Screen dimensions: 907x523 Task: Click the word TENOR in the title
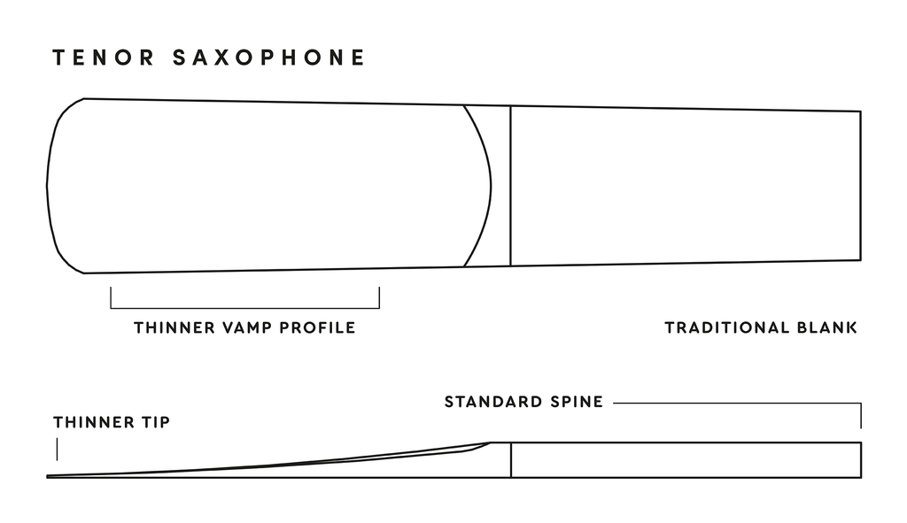click(x=104, y=58)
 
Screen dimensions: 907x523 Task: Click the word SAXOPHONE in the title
click(x=269, y=58)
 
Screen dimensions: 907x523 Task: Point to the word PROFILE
click(x=318, y=327)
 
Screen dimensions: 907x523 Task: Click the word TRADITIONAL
click(x=727, y=327)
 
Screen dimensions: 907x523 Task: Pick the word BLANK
click(x=827, y=327)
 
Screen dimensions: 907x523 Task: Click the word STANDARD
click(x=494, y=402)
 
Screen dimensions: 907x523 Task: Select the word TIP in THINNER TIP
click(x=156, y=422)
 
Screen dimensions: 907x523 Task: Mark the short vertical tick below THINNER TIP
click(x=58, y=450)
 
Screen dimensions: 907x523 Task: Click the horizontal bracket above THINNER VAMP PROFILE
click(x=245, y=308)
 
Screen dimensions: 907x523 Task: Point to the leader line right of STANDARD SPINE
click(x=738, y=403)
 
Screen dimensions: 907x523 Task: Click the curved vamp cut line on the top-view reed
click(x=491, y=186)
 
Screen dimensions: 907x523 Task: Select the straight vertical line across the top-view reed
click(x=511, y=186)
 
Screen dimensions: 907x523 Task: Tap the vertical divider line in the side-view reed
click(x=511, y=460)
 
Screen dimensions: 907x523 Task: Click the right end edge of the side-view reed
click(x=861, y=460)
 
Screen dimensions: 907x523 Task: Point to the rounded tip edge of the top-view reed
click(x=47, y=186)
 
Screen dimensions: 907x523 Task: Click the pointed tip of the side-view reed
click(x=48, y=477)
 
